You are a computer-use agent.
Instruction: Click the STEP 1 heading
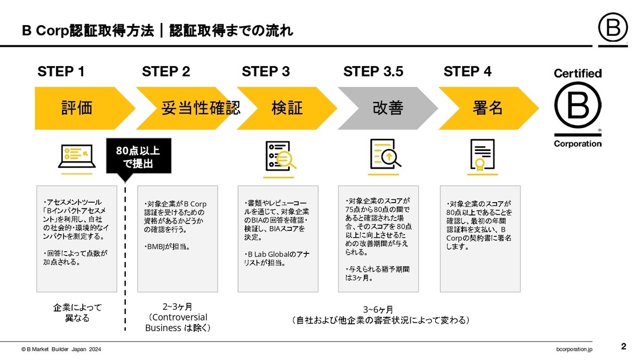pos(61,71)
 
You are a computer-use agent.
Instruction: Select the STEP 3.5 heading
pos(373,71)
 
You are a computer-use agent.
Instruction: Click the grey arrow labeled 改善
pos(387,108)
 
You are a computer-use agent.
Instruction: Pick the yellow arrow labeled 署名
pos(487,108)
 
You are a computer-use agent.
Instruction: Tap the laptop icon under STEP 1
pos(77,157)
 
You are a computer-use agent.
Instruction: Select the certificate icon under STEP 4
pos(482,155)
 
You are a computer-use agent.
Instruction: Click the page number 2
pos(623,347)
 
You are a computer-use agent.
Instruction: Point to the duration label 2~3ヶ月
pos(177,307)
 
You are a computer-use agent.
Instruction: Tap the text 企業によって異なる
pos(77,313)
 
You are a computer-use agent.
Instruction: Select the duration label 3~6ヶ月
pos(380,309)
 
